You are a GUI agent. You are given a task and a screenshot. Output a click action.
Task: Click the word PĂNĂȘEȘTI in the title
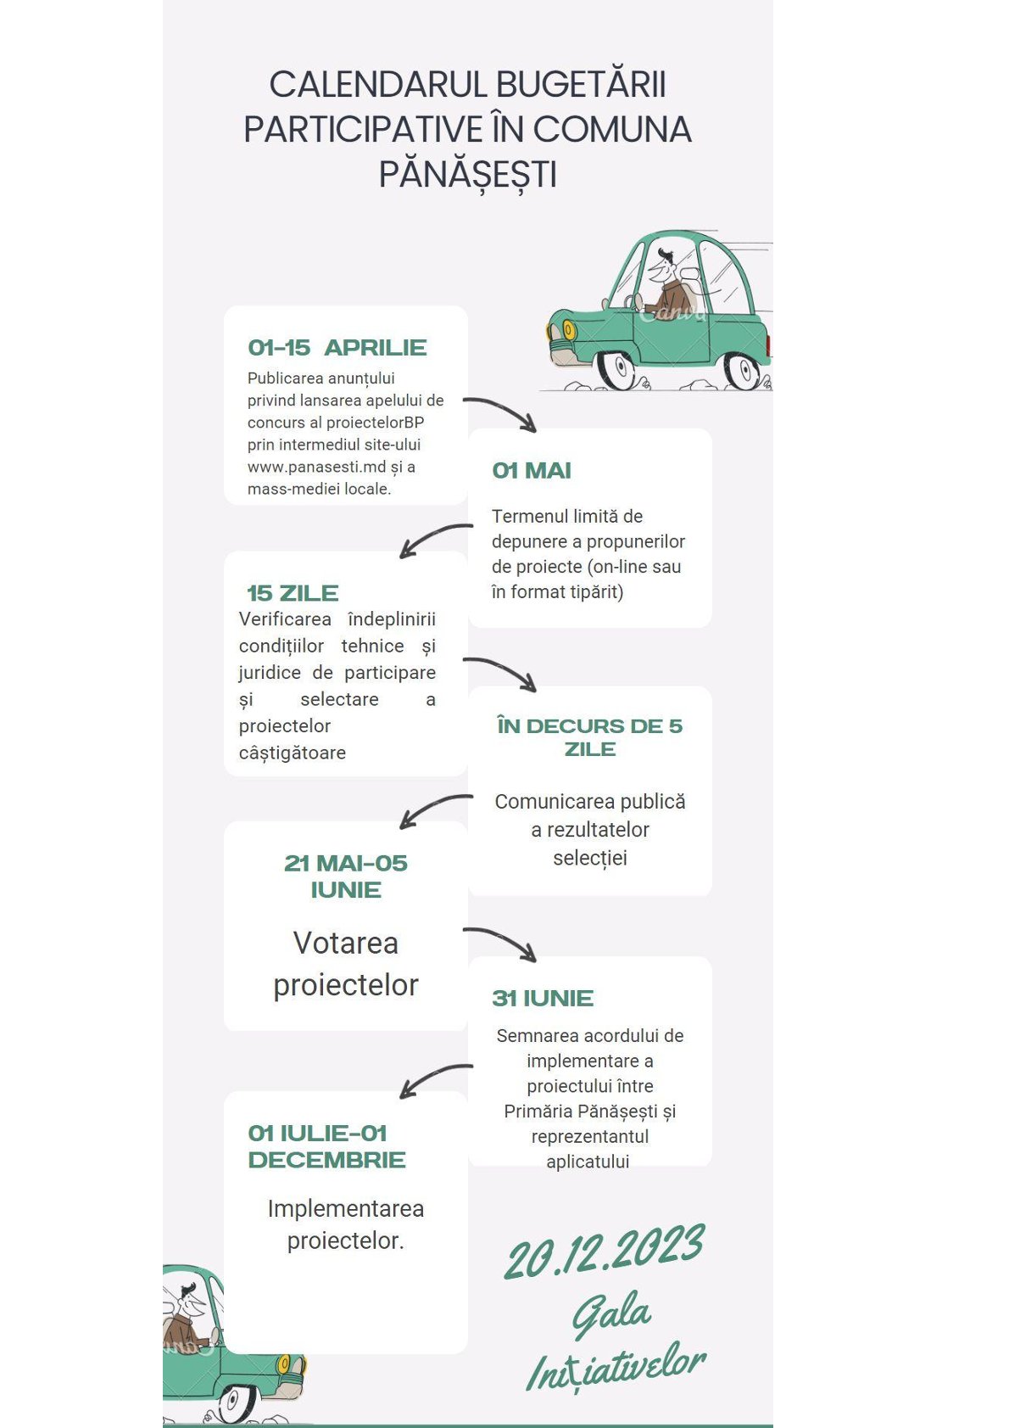click(x=467, y=175)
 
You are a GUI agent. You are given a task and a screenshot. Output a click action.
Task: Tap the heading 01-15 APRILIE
click(x=337, y=348)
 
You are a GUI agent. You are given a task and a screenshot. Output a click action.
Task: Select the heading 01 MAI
click(x=532, y=471)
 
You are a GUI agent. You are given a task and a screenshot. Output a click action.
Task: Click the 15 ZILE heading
click(x=293, y=593)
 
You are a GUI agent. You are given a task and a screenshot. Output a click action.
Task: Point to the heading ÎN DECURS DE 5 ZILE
click(x=590, y=737)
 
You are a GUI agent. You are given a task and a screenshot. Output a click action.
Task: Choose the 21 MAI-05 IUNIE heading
click(x=346, y=876)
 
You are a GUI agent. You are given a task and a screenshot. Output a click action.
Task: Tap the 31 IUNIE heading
click(x=543, y=999)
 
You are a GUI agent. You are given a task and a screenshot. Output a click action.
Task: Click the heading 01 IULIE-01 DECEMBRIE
click(x=326, y=1146)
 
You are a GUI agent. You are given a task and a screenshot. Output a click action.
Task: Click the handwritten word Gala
click(x=610, y=1313)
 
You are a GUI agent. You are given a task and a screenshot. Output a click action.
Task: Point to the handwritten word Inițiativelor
click(x=616, y=1367)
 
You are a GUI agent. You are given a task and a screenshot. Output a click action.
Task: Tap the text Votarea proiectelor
click(x=346, y=964)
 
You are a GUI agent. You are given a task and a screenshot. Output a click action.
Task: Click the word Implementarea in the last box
click(x=345, y=1208)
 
